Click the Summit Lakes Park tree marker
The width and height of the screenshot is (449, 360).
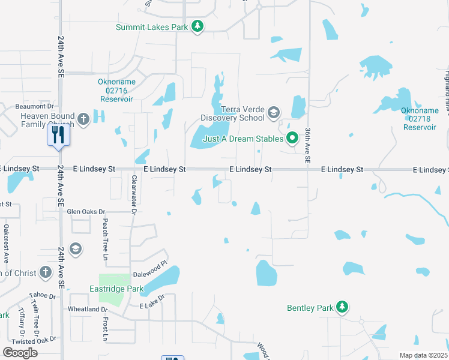pos(197,26)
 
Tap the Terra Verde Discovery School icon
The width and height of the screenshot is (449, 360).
pos(274,113)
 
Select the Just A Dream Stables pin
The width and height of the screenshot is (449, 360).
pos(292,139)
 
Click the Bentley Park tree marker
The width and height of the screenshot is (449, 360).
pos(342,308)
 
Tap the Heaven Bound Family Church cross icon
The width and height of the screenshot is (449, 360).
pos(83,119)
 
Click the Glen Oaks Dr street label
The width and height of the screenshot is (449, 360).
pos(86,212)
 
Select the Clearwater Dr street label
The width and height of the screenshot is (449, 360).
pos(134,194)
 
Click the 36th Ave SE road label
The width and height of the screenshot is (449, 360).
pos(308,145)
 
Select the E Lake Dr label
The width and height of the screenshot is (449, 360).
pos(152,306)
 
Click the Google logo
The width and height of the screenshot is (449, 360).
pos(20,352)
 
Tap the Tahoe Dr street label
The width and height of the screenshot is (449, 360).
pos(42,296)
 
